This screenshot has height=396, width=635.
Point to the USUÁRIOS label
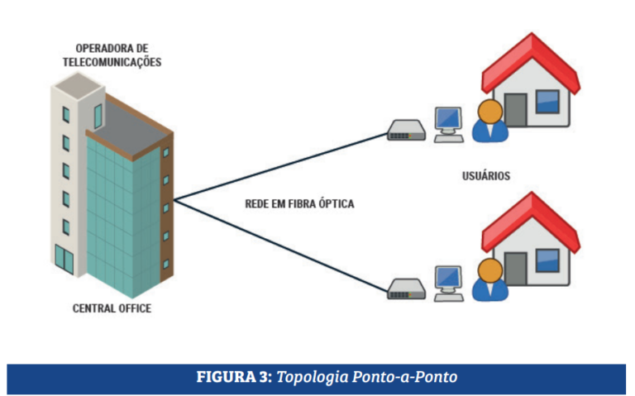486,176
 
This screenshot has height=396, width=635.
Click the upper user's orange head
489,111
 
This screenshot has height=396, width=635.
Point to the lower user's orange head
489,270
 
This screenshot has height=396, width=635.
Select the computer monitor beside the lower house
448,277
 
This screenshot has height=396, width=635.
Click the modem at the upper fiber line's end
406,131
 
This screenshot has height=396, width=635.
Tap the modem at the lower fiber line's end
406,289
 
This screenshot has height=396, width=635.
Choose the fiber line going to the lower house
281,244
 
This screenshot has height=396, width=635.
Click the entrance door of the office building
64,259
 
